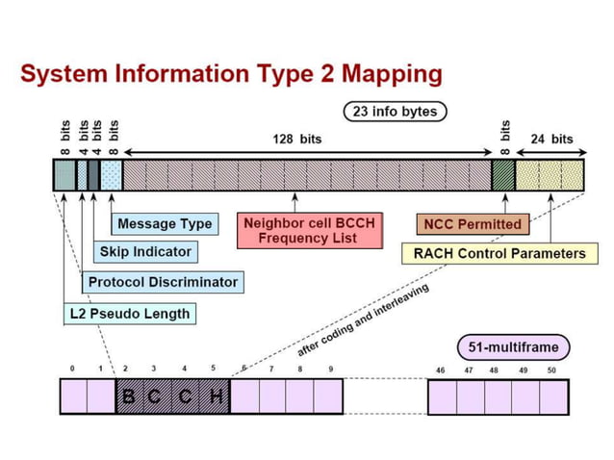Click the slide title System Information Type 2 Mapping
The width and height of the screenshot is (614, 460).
pos(231,73)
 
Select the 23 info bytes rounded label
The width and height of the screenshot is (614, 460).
pos(394,112)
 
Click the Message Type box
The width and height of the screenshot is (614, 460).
pos(165,224)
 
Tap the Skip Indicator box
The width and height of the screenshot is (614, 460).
pos(145,252)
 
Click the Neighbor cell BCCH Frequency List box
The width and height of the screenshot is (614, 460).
pos(308,230)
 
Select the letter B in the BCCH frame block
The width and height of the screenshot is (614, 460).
pos(129,396)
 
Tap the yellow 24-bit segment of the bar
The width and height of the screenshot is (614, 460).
pos(550,174)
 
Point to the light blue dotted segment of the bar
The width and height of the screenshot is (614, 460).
pos(112,174)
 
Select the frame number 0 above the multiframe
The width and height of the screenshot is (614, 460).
pos(71,369)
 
